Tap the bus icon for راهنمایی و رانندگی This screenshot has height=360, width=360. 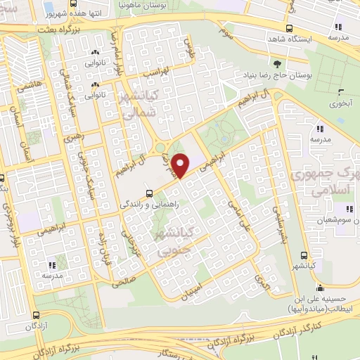[148, 193]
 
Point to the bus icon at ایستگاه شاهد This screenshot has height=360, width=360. [289, 28]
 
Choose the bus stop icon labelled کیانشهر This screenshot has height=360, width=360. [303, 255]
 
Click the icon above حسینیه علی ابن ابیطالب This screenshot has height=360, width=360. [320, 288]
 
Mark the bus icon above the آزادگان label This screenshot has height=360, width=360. [37, 316]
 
